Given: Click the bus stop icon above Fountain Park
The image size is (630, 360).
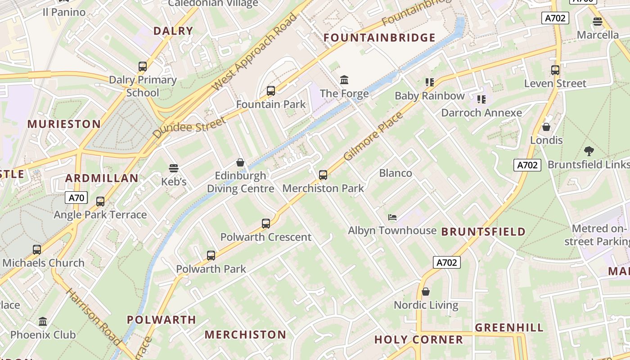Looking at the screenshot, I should tap(271, 91).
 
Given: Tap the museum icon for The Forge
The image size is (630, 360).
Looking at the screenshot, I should tap(344, 80).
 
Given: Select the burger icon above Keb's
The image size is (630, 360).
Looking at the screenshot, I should tap(174, 168).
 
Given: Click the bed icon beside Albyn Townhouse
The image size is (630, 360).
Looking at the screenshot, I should tap(392, 217).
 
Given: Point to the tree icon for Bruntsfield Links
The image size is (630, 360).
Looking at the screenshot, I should tap(589, 151).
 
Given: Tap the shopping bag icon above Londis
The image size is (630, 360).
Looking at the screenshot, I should tap(546, 127).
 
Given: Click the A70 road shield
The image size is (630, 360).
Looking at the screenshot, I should tap(76, 198).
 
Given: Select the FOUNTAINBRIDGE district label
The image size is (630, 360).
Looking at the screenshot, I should tap(380, 38).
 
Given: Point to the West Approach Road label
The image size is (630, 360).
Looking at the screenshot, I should tap(255, 52).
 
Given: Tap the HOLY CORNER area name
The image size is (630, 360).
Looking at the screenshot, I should tap(418, 340).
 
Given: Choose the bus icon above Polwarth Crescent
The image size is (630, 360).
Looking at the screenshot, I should tap(266, 224).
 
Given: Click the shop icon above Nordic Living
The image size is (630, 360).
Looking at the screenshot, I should tap(426, 292).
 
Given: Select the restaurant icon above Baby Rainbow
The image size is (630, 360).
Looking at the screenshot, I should tap(429, 82).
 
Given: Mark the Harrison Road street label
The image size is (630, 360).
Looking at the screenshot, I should tap(94, 316).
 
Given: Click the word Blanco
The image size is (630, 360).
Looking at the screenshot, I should tap(396, 173).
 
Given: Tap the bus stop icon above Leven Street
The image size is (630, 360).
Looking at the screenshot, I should tap(555, 70).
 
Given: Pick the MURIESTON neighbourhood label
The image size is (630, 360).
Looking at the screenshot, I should tap(64, 124).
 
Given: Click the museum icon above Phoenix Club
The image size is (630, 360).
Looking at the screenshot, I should tap(43, 321).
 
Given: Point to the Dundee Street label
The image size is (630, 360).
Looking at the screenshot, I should tap(189, 127).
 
